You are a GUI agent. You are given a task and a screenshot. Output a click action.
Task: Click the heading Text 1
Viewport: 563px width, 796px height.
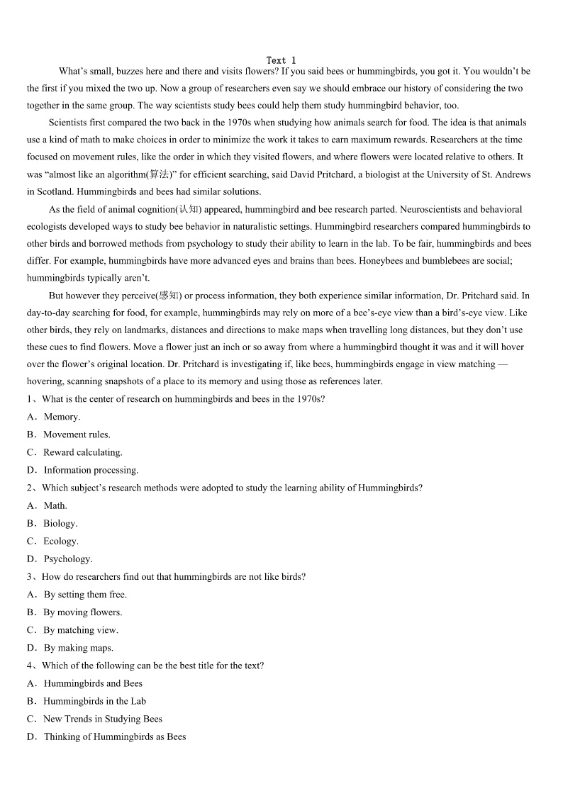pyautogui.click(x=281, y=60)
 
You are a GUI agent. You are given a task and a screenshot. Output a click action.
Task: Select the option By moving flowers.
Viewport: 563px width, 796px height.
pyautogui.click(x=82, y=612)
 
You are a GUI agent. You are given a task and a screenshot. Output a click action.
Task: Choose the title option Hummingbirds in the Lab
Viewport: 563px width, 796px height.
pyautogui.click(x=94, y=701)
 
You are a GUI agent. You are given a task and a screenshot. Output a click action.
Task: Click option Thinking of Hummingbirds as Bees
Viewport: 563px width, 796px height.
pyautogui.click(x=114, y=736)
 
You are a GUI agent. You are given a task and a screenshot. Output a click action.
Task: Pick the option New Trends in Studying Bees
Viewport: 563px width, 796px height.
pyautogui.click(x=102, y=719)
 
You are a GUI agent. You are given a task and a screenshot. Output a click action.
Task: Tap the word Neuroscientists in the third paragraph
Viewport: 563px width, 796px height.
pyautogui.click(x=425, y=209)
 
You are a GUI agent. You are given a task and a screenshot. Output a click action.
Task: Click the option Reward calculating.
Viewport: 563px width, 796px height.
pyautogui.click(x=82, y=452)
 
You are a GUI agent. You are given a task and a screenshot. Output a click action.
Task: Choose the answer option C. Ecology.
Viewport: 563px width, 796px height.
pyautogui.click(x=60, y=541)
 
